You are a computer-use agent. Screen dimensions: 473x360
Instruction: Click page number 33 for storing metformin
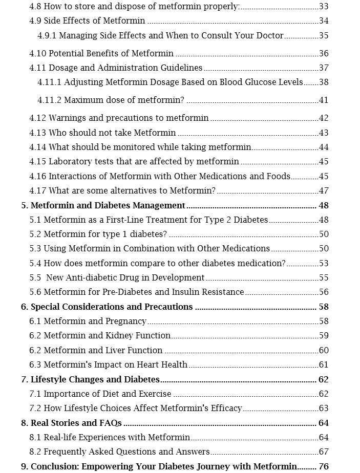(323, 7)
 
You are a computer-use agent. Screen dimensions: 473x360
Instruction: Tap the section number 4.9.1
(47, 36)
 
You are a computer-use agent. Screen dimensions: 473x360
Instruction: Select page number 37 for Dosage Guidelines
(323, 68)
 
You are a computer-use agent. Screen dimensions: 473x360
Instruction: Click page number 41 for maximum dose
(323, 100)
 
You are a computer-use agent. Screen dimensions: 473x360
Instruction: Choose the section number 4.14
(38, 147)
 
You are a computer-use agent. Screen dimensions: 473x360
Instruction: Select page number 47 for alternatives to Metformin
(323, 191)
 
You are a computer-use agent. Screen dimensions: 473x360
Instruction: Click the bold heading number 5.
(24, 206)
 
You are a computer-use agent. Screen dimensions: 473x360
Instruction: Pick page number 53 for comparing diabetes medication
(323, 264)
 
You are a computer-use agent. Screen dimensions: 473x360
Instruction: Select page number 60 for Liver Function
(323, 351)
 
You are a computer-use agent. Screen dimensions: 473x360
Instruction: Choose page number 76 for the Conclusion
(323, 467)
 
